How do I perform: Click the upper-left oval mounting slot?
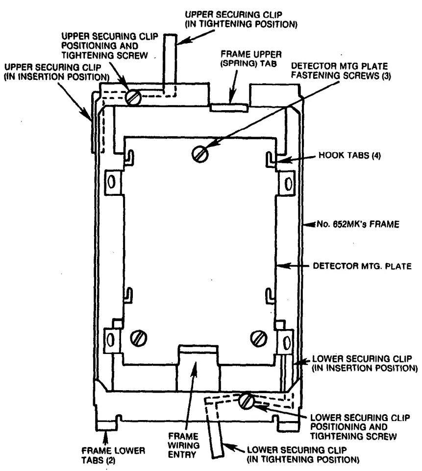coord(111,183)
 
